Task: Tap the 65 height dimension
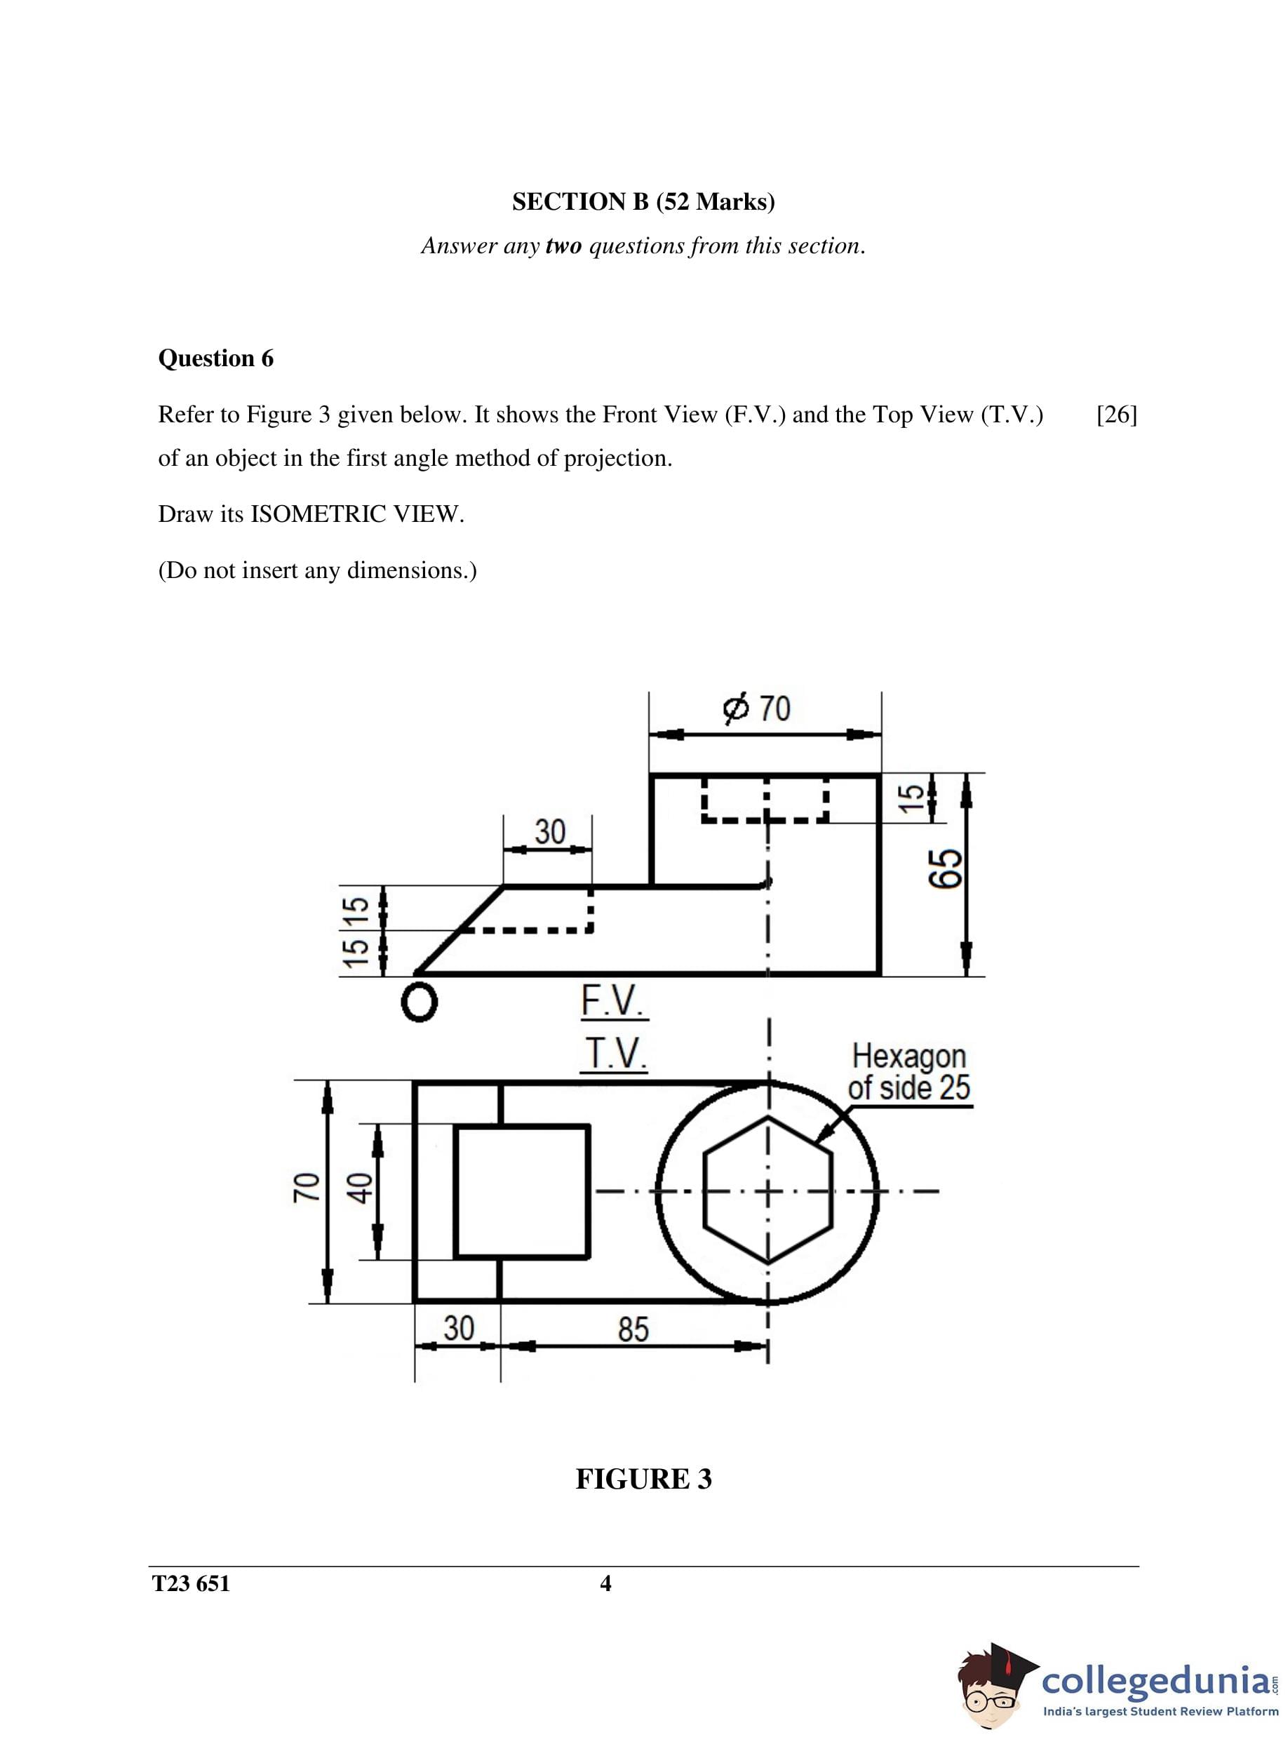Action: (x=946, y=868)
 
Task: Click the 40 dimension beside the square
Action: (x=360, y=1189)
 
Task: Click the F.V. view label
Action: (x=613, y=1001)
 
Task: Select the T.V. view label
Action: (x=615, y=1054)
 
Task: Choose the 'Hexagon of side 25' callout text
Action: (x=909, y=1072)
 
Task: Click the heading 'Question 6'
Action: (x=216, y=358)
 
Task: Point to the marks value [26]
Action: (x=1116, y=415)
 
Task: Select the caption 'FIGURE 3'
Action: (x=643, y=1479)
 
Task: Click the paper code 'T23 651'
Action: (x=191, y=1584)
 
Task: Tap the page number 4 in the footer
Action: (x=605, y=1583)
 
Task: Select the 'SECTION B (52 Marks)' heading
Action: (x=643, y=202)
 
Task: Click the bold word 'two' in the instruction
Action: (x=563, y=246)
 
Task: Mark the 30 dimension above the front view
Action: (x=550, y=832)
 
